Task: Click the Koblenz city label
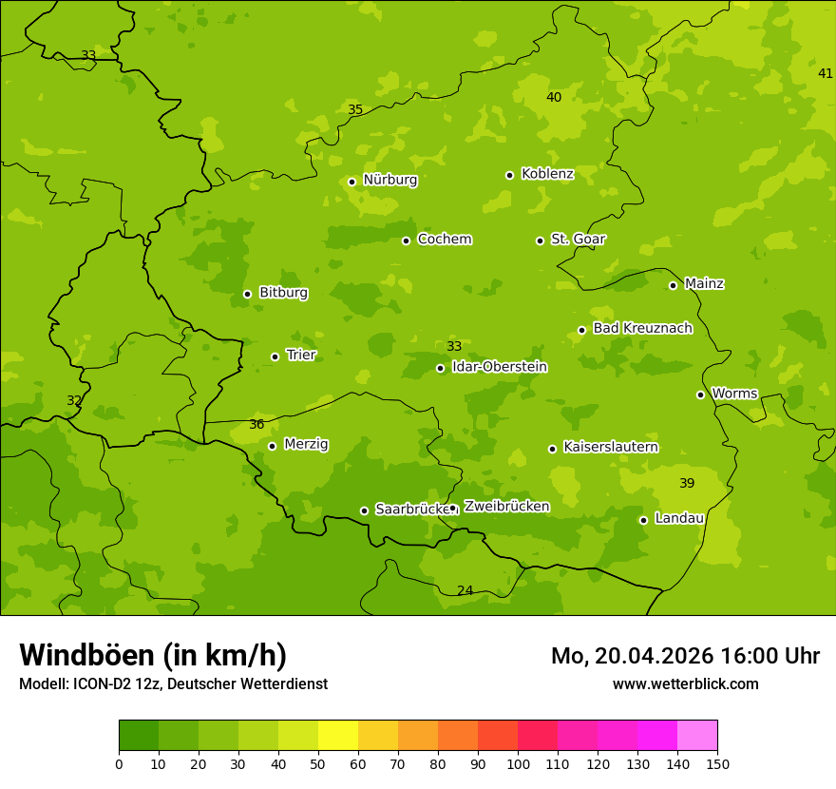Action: click(x=547, y=174)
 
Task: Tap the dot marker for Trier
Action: click(x=275, y=356)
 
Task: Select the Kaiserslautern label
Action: click(x=611, y=447)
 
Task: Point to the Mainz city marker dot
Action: click(x=673, y=285)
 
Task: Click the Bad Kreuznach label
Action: click(x=642, y=328)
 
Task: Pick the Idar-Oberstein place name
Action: click(x=500, y=367)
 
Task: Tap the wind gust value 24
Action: click(x=465, y=591)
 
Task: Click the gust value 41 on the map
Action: click(x=826, y=74)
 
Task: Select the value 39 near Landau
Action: click(x=687, y=484)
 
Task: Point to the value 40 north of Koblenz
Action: click(x=554, y=97)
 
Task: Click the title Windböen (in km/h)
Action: click(x=153, y=655)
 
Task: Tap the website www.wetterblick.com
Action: click(x=685, y=683)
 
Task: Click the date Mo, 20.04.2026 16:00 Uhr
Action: click(x=685, y=656)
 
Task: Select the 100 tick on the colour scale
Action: click(x=518, y=762)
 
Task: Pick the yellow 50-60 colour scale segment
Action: click(x=338, y=736)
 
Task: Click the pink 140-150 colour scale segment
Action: click(x=697, y=736)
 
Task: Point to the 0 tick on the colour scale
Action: click(x=119, y=762)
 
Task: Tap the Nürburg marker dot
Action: click(x=351, y=182)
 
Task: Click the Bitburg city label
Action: click(x=283, y=293)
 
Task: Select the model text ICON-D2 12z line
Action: click(x=173, y=683)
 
